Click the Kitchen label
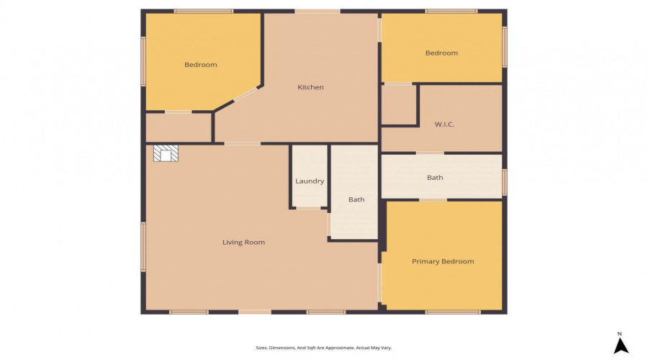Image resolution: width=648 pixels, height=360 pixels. pyautogui.click(x=310, y=87)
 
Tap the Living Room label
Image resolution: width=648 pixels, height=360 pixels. pyautogui.click(x=243, y=242)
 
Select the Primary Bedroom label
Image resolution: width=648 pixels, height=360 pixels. pyautogui.click(x=443, y=261)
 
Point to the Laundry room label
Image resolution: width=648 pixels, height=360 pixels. pyautogui.click(x=310, y=181)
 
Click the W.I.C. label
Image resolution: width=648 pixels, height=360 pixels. pyautogui.click(x=444, y=124)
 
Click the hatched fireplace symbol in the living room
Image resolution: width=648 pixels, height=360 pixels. pyautogui.click(x=166, y=153)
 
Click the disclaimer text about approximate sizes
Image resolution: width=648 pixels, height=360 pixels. pyautogui.click(x=323, y=348)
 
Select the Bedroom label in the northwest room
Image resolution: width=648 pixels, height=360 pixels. pyautogui.click(x=200, y=65)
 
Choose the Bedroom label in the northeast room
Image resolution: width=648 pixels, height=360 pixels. pyautogui.click(x=441, y=53)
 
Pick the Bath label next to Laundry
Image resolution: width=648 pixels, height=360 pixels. pyautogui.click(x=356, y=199)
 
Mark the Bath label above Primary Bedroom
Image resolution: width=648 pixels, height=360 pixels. pyautogui.click(x=435, y=177)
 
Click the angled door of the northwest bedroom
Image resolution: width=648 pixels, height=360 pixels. pyautogui.click(x=246, y=94)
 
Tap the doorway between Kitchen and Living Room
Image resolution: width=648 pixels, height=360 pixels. pyautogui.click(x=242, y=143)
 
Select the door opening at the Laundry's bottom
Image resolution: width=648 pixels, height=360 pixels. pyautogui.click(x=309, y=208)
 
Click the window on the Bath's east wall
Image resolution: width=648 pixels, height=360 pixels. pyautogui.click(x=504, y=182)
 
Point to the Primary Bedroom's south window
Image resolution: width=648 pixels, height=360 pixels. pyautogui.click(x=453, y=312)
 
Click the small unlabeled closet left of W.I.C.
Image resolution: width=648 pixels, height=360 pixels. pyautogui.click(x=398, y=104)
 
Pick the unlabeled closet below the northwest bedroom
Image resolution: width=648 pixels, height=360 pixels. pyautogui.click(x=179, y=127)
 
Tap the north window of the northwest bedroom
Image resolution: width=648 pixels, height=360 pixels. pyautogui.click(x=204, y=11)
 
